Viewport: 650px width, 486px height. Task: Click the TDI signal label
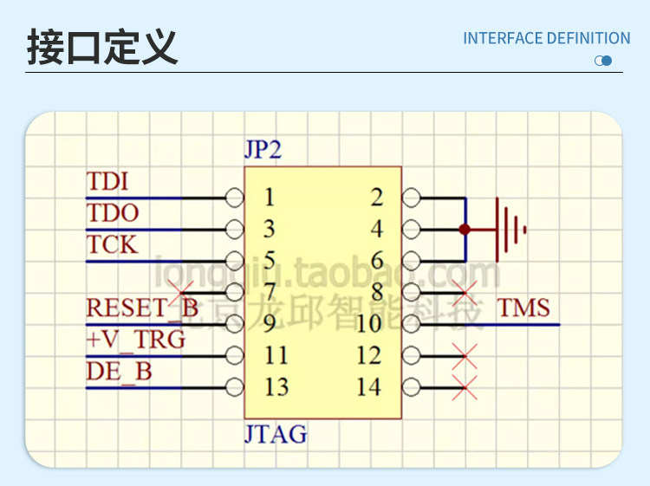coord(107,182)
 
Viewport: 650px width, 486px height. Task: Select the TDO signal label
coord(113,213)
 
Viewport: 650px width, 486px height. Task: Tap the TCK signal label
coord(112,244)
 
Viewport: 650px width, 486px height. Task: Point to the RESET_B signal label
coord(142,308)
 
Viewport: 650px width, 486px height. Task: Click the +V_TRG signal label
coord(136,339)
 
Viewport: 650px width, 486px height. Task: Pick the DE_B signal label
coord(119,371)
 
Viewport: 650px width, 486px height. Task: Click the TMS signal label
coord(523,308)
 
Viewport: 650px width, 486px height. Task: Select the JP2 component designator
coord(263,150)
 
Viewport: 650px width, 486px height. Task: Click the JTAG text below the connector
coord(275,433)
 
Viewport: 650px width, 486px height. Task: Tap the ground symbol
coord(510,230)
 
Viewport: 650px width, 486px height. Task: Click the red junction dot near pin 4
coord(465,230)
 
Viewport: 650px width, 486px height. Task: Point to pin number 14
coord(368,386)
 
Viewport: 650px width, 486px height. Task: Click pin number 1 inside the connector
coord(269,198)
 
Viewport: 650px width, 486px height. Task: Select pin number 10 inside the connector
coord(368,323)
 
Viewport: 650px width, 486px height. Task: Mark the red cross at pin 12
coord(465,355)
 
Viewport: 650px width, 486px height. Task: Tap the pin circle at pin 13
coord(234,386)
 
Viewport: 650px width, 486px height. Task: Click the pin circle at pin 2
coord(411,198)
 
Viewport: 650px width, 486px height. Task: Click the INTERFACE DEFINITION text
coord(546,38)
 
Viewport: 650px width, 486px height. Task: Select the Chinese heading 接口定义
coord(101,46)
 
